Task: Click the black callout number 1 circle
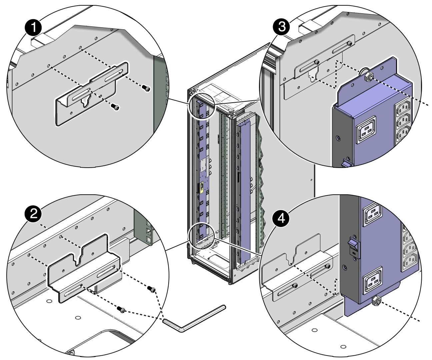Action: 33,28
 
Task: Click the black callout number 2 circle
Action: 33,214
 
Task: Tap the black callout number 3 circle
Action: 281,27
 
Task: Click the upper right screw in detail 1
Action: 146,88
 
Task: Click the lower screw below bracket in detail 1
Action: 115,107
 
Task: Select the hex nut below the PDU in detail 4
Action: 377,301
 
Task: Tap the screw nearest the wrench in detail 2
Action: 121,309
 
